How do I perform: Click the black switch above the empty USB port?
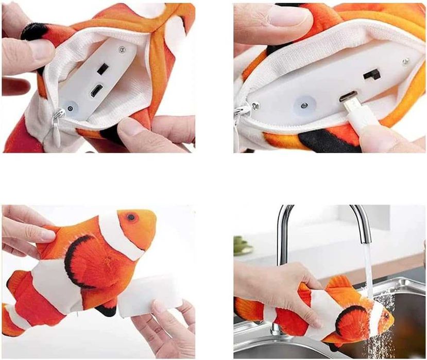(x=102, y=68)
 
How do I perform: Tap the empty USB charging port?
(x=96, y=91)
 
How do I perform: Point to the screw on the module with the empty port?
(x=122, y=49)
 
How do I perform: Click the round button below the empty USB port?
(x=70, y=109)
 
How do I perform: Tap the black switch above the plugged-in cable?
(x=371, y=75)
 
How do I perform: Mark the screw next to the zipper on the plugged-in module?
(x=255, y=106)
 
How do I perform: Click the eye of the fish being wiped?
(x=131, y=217)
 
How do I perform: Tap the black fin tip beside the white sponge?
(x=107, y=310)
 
